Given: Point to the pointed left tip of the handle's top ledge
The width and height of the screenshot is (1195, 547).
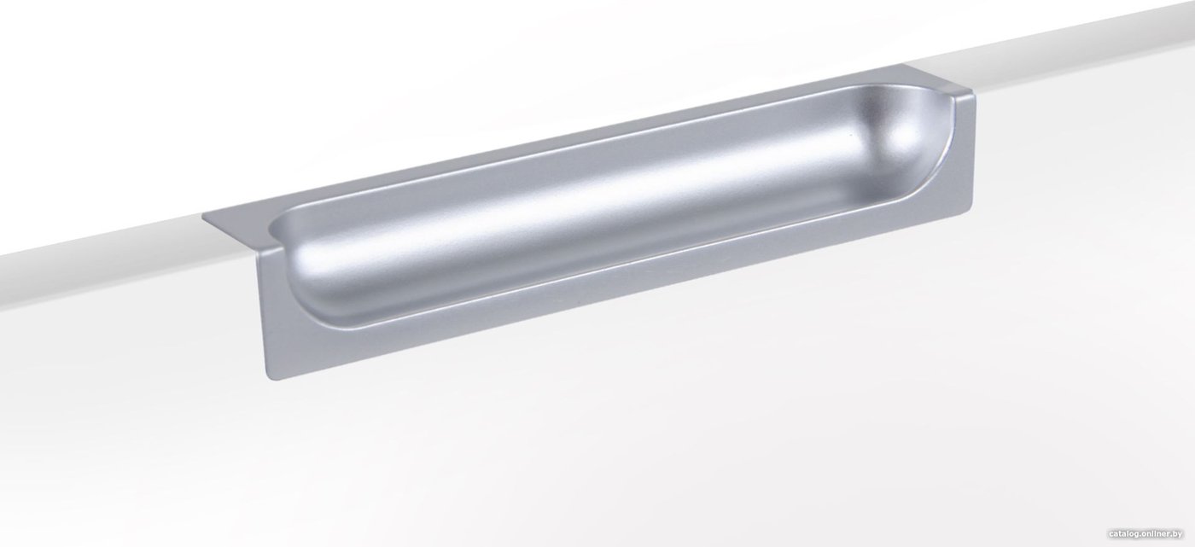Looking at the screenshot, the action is [203, 217].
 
